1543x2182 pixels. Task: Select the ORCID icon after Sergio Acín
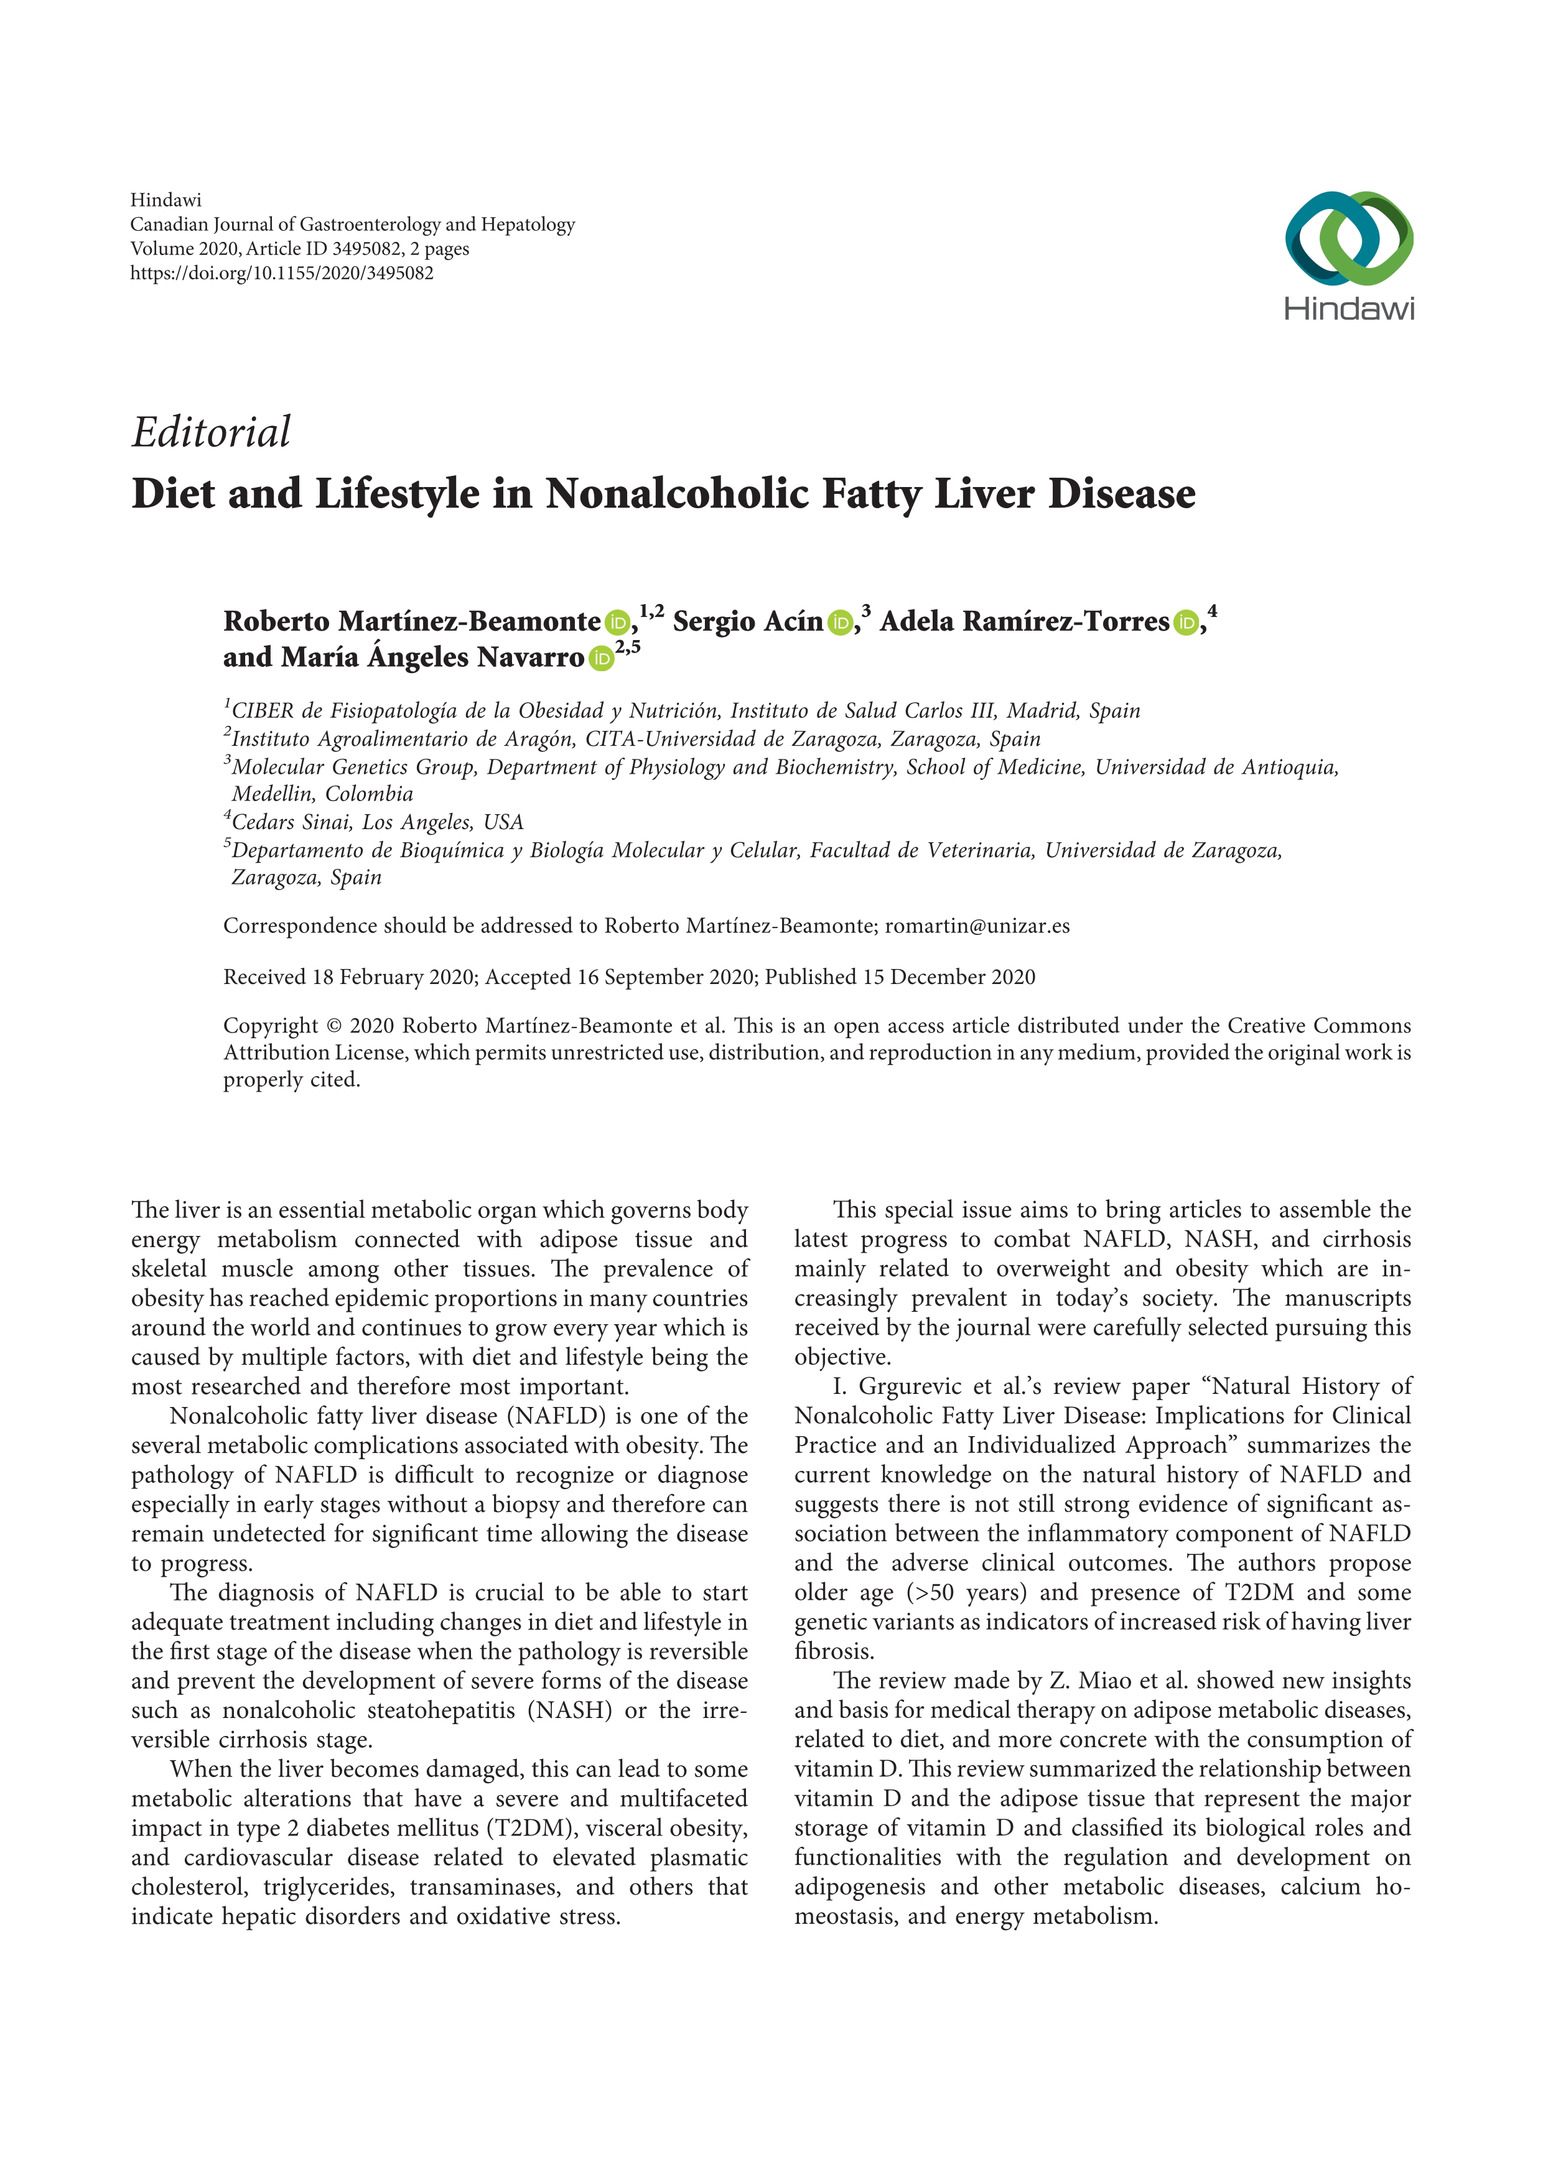(x=839, y=623)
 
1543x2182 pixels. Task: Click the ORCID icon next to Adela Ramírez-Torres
(x=1185, y=623)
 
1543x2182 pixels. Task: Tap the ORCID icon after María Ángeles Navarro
(x=600, y=659)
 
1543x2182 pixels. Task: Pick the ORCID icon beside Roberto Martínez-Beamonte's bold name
(x=617, y=623)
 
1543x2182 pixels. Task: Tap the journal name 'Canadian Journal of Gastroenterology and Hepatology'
(x=353, y=225)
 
